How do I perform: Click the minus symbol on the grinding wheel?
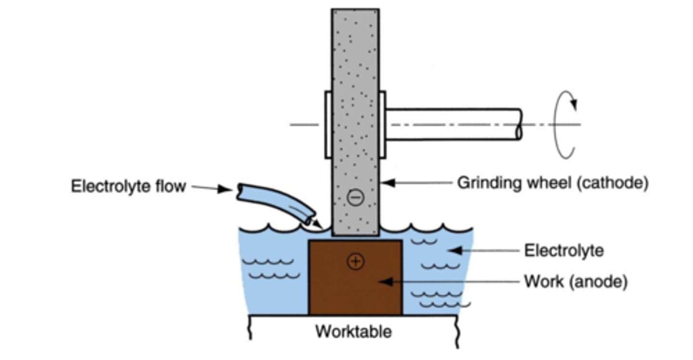[355, 197]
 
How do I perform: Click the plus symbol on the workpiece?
[355, 261]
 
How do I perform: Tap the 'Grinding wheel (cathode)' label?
[552, 183]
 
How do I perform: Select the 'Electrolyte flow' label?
[128, 186]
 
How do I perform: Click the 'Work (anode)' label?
[576, 282]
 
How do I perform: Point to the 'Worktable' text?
[353, 332]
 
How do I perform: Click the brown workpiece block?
[355, 289]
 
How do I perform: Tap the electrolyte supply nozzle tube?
[277, 202]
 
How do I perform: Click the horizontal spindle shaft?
[452, 124]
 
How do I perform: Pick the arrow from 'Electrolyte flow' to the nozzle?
[212, 188]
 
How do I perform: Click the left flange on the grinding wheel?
[328, 124]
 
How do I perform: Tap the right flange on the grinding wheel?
[383, 124]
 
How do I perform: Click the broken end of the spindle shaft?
[519, 124]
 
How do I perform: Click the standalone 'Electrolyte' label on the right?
[563, 251]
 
